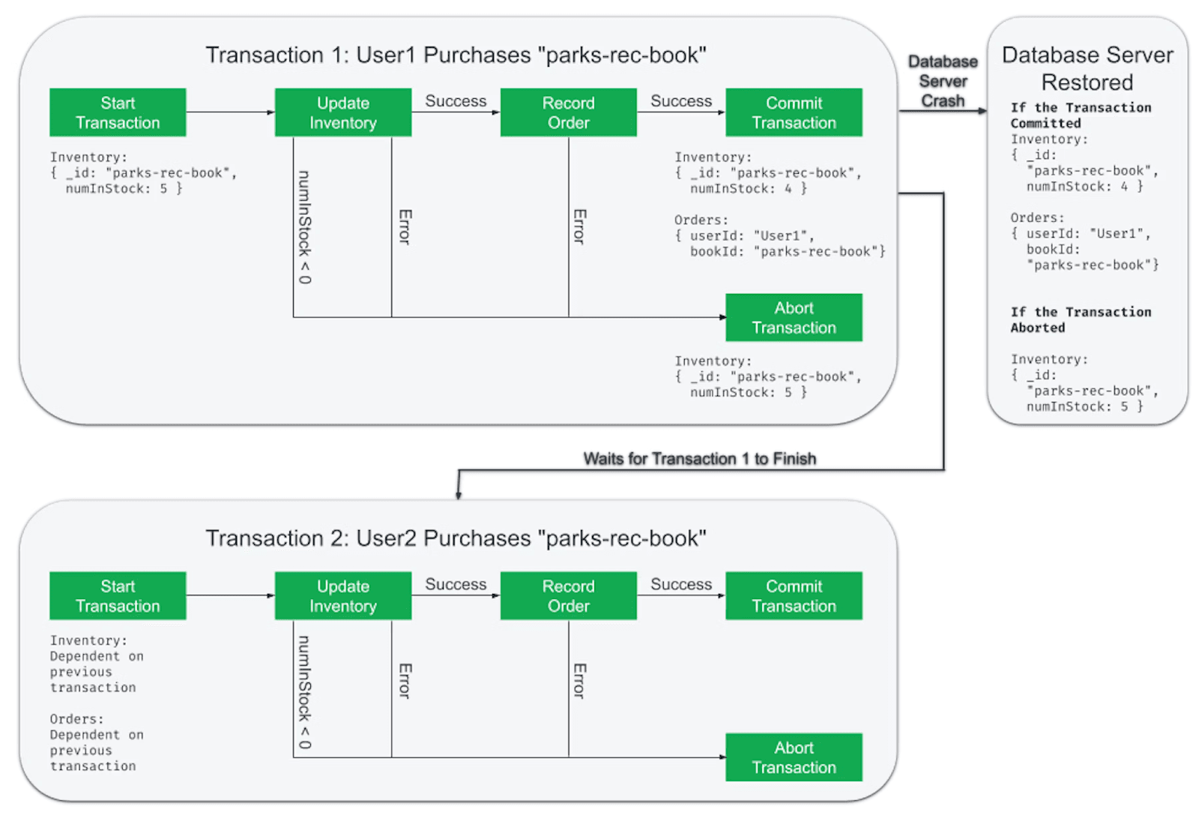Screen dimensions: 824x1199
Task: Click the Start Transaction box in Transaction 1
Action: coord(118,112)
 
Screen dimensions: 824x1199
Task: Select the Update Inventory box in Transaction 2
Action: coord(342,596)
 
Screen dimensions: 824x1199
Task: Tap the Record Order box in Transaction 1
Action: coord(568,112)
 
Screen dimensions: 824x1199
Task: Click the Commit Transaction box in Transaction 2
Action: coord(794,596)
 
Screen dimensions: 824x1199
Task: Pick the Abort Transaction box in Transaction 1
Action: coord(794,318)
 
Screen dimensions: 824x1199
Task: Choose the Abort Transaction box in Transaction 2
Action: coord(794,757)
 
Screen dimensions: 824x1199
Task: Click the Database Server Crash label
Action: coord(943,81)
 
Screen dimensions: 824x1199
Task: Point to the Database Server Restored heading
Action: coord(1087,68)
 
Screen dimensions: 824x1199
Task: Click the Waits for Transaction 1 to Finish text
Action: coord(699,459)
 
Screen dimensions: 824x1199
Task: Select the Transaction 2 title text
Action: coord(456,538)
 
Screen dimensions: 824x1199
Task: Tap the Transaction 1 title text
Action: coord(456,55)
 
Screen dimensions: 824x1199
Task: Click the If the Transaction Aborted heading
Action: coord(1080,319)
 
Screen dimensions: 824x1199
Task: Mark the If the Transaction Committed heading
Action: coord(1080,115)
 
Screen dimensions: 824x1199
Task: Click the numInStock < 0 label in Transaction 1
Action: coord(304,227)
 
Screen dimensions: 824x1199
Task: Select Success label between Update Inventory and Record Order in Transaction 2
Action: coord(456,584)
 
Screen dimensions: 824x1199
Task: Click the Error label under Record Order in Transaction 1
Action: coord(579,226)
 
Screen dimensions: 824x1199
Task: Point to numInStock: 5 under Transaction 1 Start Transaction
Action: coord(124,189)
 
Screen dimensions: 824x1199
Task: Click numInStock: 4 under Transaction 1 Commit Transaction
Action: coord(748,189)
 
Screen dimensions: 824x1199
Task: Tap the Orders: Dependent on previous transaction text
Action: coord(96,742)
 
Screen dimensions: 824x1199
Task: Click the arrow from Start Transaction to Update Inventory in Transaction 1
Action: coord(230,112)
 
